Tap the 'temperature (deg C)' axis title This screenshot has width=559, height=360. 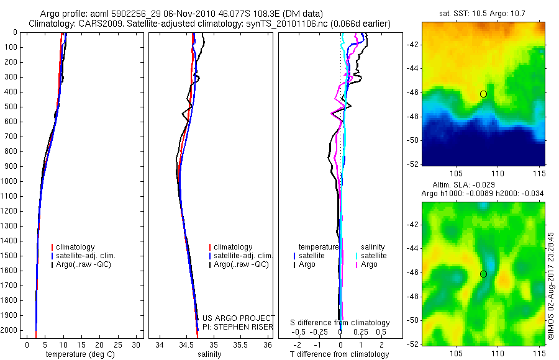click(x=78, y=354)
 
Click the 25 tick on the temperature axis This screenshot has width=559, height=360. click(x=118, y=344)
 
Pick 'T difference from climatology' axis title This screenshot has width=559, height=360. click(x=339, y=354)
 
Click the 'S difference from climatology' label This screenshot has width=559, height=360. click(x=340, y=323)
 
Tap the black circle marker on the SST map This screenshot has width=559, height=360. click(x=483, y=94)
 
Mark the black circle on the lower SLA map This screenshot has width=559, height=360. click(x=483, y=274)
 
